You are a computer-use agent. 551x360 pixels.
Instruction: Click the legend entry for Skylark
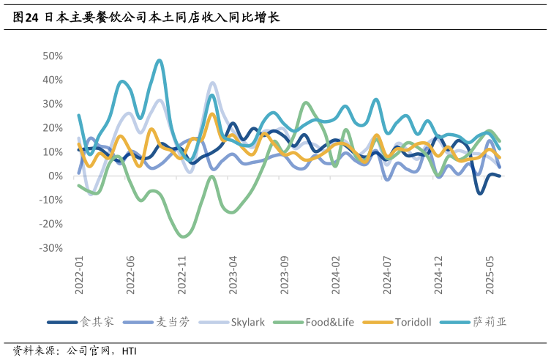click(250, 322)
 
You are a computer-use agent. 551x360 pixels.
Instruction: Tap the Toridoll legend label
click(415, 322)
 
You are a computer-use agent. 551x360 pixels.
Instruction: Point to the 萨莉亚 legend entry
click(489, 322)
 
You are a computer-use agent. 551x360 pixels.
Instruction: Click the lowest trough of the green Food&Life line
click(184, 236)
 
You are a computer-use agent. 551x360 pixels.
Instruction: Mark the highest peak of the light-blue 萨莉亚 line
click(160, 60)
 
